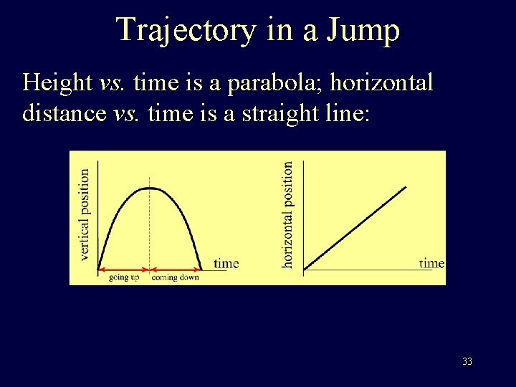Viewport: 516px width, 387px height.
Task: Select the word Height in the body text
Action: [57, 83]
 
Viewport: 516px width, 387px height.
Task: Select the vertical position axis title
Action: [85, 214]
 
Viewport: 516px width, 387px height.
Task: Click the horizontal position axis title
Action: [287, 214]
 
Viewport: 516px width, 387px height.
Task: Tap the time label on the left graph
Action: [226, 263]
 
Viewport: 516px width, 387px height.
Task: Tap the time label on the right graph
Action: [431, 263]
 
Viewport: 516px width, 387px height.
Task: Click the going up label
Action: [124, 277]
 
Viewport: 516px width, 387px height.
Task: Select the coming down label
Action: [175, 277]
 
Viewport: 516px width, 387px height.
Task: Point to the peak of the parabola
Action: [149, 188]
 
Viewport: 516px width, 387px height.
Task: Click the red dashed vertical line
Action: [149, 229]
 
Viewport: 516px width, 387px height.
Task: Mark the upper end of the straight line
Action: [406, 187]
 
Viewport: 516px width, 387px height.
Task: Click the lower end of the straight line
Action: [305, 269]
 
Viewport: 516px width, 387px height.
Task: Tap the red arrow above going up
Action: [123, 269]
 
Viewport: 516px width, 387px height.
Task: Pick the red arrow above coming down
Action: [174, 269]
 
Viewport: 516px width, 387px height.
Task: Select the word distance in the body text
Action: [64, 114]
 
